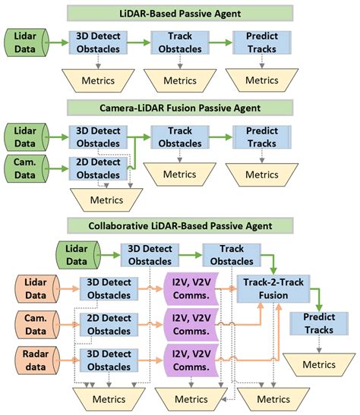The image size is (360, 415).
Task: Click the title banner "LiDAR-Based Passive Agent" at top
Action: pyautogui.click(x=179, y=12)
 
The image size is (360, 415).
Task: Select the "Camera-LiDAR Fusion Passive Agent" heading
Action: pyautogui.click(x=179, y=107)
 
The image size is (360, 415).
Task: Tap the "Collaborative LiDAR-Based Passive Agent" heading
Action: pyautogui.click(x=179, y=225)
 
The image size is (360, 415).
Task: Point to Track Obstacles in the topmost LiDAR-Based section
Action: pyautogui.click(x=179, y=42)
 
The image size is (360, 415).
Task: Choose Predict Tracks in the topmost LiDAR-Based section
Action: pyautogui.click(x=260, y=42)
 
